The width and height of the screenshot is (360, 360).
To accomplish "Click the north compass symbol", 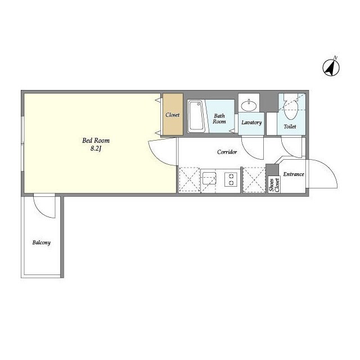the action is [331, 67].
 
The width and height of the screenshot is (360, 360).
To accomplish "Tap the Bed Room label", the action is [96, 140].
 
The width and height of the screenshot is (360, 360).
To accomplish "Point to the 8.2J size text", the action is [96, 148].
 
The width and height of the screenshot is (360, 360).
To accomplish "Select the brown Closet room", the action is [173, 114].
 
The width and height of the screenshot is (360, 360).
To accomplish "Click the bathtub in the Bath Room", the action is [196, 116].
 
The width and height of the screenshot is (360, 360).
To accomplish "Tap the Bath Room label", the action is [219, 119].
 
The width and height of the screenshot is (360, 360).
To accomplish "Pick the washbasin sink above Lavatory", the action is [249, 105].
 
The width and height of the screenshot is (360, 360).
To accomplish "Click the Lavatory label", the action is [251, 123].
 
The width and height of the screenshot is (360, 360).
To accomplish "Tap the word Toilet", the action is [290, 126].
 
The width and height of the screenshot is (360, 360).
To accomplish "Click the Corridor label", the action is [227, 152].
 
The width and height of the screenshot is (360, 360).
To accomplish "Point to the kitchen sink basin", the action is [209, 178].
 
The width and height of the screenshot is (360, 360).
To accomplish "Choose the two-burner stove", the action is [231, 179].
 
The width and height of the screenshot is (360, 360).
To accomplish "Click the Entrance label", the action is [294, 174].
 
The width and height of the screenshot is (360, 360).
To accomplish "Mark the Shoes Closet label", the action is [274, 185].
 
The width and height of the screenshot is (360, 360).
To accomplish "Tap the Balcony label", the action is [41, 242].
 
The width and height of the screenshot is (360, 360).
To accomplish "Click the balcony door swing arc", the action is [40, 211].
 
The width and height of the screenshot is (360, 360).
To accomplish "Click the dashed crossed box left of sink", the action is [190, 179].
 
